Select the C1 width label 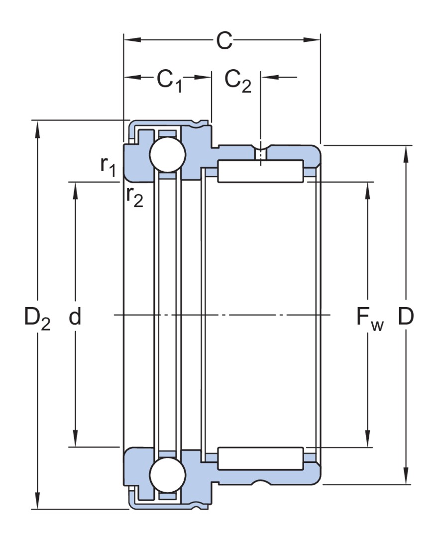tap(169, 80)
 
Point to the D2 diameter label tap(37, 318)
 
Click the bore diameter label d tap(75, 317)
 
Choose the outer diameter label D tap(406, 317)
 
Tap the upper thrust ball tap(168, 155)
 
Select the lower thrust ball tap(168, 475)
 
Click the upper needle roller tap(260, 171)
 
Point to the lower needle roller tap(260, 458)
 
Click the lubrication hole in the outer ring tap(260, 154)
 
